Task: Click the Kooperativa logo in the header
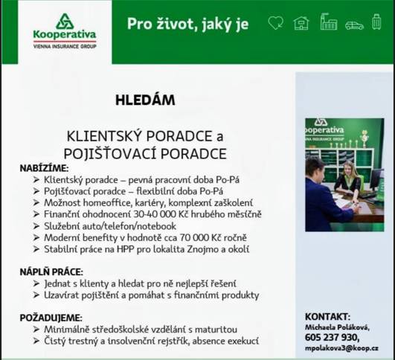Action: click(x=64, y=31)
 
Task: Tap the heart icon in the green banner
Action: click(x=275, y=23)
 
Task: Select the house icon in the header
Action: click(x=301, y=23)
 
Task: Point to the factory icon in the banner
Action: click(x=328, y=22)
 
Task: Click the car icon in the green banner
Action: click(x=354, y=25)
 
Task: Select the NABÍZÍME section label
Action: click(x=44, y=169)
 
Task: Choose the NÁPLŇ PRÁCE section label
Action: click(x=51, y=272)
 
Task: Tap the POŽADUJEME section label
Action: click(x=51, y=318)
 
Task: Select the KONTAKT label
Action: click(x=327, y=316)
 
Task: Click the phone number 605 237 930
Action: click(x=337, y=337)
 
